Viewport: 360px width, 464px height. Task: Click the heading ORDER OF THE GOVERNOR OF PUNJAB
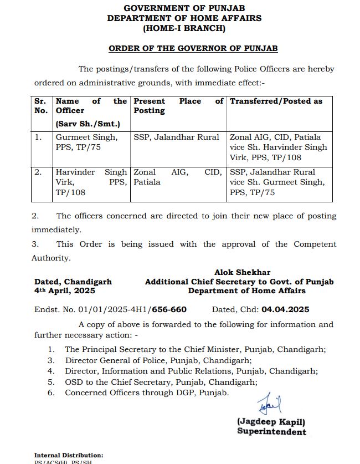coord(193,48)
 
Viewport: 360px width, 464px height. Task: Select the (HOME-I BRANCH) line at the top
coord(184,28)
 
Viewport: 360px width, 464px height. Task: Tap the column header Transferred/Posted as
coord(276,101)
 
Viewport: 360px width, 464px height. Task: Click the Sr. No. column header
coord(41,106)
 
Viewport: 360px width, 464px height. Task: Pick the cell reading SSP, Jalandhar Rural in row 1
coord(176,137)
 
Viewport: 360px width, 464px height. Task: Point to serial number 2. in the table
coord(38,172)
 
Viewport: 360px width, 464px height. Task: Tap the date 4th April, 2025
coord(64,291)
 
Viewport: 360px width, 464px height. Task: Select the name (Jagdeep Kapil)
coord(271,422)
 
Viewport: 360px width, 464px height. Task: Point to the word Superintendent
coord(271,431)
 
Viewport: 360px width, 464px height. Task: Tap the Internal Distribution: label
coord(69,455)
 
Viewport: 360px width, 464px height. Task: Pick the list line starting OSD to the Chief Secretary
coord(161,382)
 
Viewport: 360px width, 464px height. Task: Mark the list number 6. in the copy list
coord(51,392)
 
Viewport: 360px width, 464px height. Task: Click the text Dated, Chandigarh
coord(73,282)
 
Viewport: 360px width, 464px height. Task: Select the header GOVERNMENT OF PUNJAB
coord(184,9)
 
